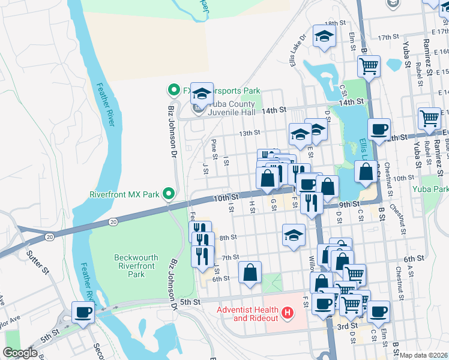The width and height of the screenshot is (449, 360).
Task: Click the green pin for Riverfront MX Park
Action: click(169, 194)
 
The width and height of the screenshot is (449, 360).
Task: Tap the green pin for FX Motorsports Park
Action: click(173, 91)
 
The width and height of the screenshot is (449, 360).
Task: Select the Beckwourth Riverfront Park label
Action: click(136, 266)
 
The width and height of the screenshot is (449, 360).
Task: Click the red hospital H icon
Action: click(288, 313)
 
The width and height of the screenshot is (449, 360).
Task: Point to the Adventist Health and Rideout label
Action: click(248, 313)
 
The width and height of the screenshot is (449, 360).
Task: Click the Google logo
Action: click(20, 353)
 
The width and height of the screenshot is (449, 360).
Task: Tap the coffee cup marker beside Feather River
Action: click(83, 312)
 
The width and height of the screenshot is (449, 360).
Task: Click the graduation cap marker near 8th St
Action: click(294, 235)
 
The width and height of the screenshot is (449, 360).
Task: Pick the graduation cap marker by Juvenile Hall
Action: click(202, 93)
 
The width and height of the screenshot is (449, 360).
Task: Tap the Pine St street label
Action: click(214, 146)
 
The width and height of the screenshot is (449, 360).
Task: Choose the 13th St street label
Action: click(249, 133)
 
